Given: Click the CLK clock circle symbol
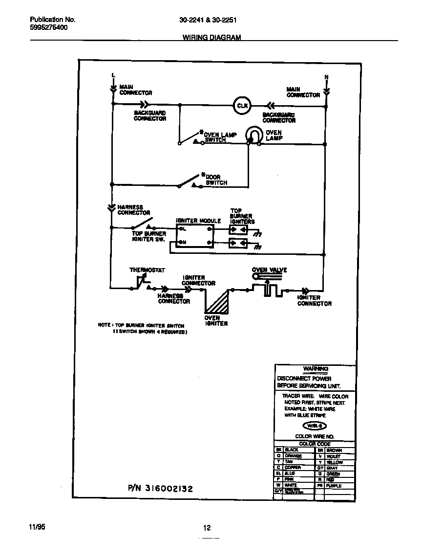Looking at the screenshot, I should click(242, 105).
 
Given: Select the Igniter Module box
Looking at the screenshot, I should click(195, 235).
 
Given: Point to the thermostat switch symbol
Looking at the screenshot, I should click(141, 282).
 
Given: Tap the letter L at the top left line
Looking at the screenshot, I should click(113, 75).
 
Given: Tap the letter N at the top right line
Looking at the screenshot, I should click(326, 77).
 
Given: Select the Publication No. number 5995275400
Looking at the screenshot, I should click(49, 28).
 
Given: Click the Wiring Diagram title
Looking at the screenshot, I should click(211, 37).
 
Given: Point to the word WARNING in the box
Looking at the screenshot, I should click(316, 369).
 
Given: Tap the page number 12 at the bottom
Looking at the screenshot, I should click(207, 527).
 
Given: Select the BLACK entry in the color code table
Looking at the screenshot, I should click(292, 450).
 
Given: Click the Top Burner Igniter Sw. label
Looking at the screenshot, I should click(149, 236).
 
